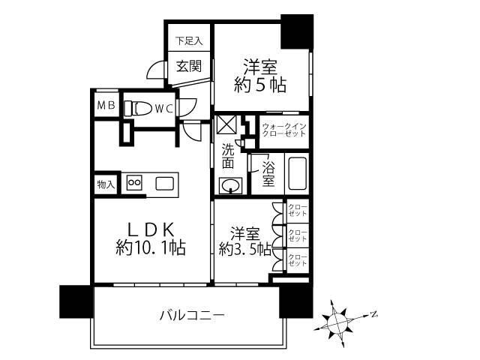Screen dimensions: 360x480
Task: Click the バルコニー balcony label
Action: click(x=191, y=315)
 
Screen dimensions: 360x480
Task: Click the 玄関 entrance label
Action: click(x=189, y=66)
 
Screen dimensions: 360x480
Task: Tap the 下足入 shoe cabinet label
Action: click(x=189, y=40)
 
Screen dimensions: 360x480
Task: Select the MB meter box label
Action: click(x=105, y=106)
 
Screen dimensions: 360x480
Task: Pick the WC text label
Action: click(x=164, y=108)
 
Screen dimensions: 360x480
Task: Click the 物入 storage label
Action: click(x=106, y=183)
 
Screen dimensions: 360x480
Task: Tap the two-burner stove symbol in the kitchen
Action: click(x=136, y=182)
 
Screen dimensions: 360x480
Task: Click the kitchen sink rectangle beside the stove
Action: click(x=165, y=182)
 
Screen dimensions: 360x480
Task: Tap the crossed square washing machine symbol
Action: click(x=226, y=124)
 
